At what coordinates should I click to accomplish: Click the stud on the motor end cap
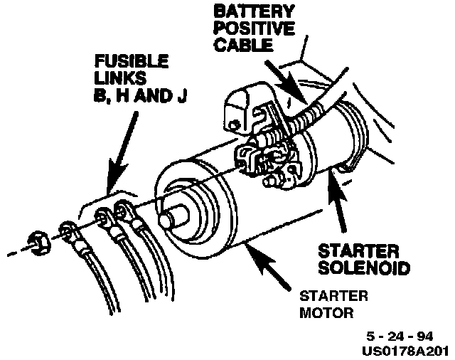170,218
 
